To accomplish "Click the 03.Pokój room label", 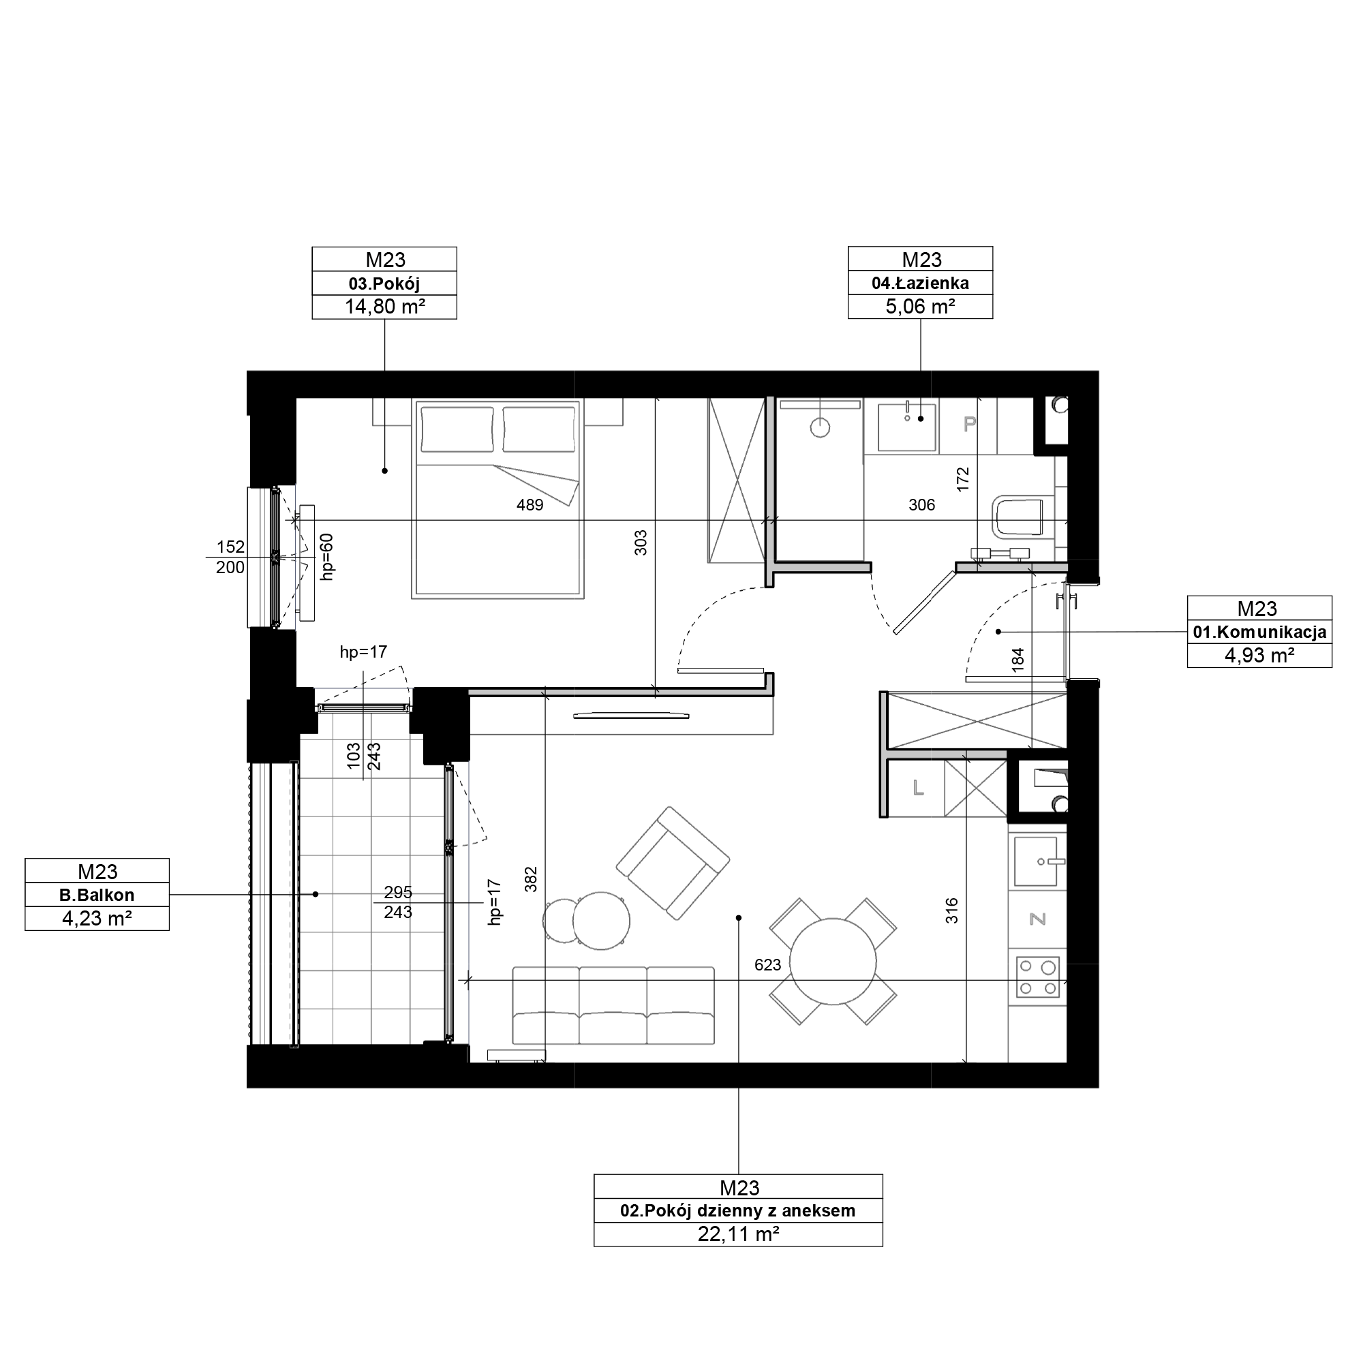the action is coord(384,284).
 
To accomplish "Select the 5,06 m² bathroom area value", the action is coord(920,307).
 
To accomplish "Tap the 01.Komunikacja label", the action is coord(1259,632).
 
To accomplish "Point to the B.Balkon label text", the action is coord(97,895).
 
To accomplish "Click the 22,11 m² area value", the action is coord(738,1235).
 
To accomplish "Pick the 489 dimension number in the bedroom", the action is coord(530,505).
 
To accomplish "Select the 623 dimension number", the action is coord(767,964).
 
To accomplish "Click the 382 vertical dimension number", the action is coord(532,879).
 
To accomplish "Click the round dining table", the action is coord(833,962).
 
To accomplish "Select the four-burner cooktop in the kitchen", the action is coord(1038,977).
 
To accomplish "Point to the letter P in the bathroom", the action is coord(970,423).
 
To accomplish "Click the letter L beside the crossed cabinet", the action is coord(918,788).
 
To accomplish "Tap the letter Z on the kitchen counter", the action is coord(1037,919).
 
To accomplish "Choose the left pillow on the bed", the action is coord(457,429).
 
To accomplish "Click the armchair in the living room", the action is coord(673,863).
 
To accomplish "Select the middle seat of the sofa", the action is coord(613,1005).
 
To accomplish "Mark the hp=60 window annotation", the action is coord(326,557).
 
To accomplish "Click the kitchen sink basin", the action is coord(1036,861).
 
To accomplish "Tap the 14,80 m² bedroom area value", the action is coord(384,307).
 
